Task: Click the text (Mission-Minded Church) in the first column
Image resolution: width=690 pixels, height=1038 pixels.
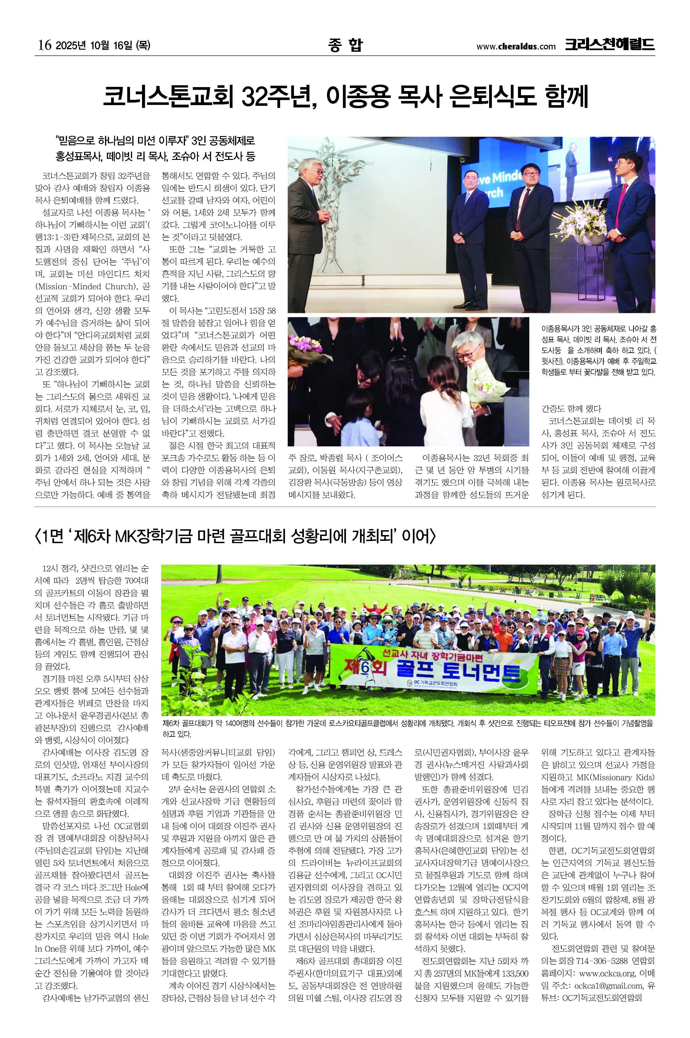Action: [x=92, y=286]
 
